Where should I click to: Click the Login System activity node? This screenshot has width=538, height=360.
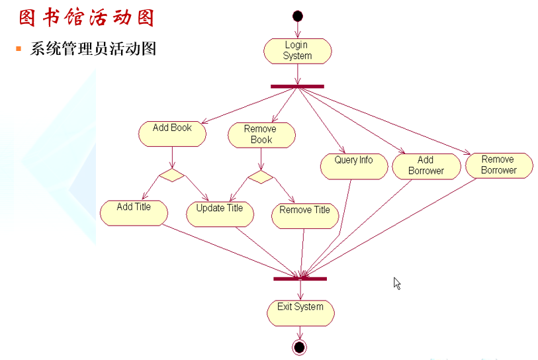297,51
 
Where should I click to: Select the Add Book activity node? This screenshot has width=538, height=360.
172,133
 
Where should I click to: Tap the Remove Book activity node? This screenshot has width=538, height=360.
261,134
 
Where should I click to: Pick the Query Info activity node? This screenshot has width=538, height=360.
353,166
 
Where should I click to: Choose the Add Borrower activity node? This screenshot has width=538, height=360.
426,166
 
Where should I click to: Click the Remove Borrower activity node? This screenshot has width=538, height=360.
498,165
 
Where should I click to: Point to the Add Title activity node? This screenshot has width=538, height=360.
134,212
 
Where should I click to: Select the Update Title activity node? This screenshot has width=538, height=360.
220,214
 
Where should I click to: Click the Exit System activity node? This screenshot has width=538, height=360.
300,312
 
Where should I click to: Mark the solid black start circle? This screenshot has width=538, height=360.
297,16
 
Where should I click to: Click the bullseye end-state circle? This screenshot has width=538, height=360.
299,347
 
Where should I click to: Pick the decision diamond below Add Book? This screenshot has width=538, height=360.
171,176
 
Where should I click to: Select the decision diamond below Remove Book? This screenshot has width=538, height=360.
260,177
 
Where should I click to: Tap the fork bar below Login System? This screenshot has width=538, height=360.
297,86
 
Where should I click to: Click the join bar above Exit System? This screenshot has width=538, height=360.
300,279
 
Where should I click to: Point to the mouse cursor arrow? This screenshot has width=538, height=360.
397,283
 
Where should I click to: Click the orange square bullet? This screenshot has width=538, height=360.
19,49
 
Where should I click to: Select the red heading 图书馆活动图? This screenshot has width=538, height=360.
86,17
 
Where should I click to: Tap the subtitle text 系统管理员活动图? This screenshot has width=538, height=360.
93,48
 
